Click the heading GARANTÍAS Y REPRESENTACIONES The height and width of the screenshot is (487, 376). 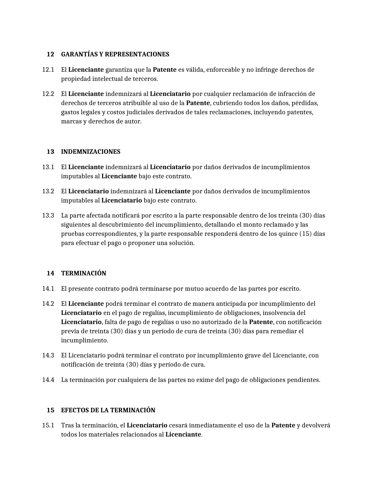tap(115, 55)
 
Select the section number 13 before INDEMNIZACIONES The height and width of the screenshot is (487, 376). tap(50, 152)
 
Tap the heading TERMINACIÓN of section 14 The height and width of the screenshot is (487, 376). tap(83, 273)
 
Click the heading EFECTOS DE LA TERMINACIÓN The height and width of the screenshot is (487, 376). tap(108, 410)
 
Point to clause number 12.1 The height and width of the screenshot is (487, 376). tap(48, 70)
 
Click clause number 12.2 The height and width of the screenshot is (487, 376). tap(48, 94)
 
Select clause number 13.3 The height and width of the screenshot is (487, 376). tap(48, 215)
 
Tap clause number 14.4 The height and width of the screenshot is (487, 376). tap(48, 380)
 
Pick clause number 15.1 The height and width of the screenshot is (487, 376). tap(48, 426)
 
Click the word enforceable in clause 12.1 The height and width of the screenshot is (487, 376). tap(223, 70)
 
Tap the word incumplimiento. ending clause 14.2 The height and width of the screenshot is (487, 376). tap(85, 341)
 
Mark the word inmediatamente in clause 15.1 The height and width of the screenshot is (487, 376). tap(212, 426)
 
